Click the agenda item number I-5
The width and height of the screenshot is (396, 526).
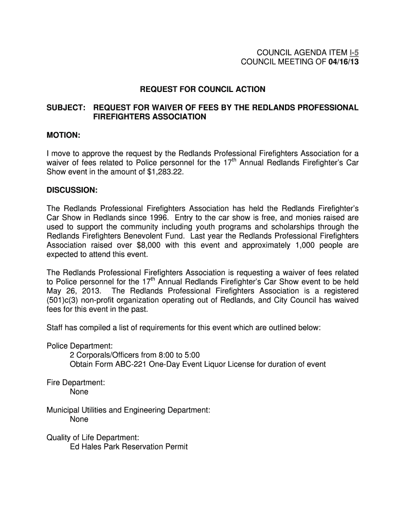[x=353, y=53]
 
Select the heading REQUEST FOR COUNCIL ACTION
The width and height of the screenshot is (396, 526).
[x=203, y=89]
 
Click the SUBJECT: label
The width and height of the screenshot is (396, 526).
[x=66, y=107]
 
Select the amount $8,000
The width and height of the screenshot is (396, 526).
[x=150, y=245]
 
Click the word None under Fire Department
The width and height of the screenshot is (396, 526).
[x=79, y=392]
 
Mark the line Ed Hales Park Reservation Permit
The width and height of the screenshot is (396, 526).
[x=129, y=447]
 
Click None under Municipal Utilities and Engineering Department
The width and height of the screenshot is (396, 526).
[x=79, y=419]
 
